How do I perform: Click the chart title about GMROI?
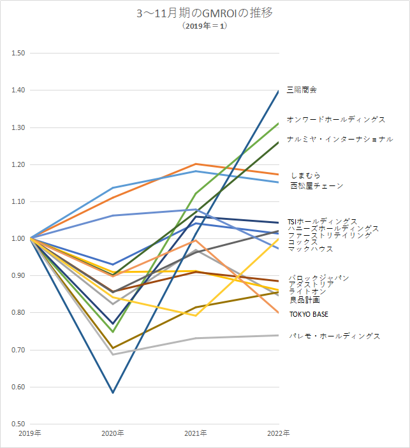(x=205, y=13)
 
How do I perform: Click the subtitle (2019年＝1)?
(x=205, y=25)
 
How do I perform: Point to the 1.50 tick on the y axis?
(x=18, y=53)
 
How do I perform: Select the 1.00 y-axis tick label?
(x=18, y=238)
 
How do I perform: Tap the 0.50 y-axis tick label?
(x=18, y=424)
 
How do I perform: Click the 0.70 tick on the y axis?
(x=18, y=350)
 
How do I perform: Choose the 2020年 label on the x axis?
(x=113, y=433)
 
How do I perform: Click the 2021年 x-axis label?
(x=196, y=433)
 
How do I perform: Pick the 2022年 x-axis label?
(x=277, y=433)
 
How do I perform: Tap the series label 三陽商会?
(x=302, y=90)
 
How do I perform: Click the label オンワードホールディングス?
(x=336, y=119)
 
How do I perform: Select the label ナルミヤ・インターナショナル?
(x=340, y=139)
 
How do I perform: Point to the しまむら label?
(x=305, y=175)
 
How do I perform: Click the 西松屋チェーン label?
(x=316, y=186)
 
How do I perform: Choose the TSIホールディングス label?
(x=323, y=221)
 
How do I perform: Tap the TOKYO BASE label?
(x=309, y=314)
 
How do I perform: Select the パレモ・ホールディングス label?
(x=334, y=336)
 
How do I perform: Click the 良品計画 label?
(x=305, y=300)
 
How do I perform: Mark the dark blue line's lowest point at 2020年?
(x=113, y=393)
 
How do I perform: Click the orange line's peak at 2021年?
(x=196, y=164)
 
